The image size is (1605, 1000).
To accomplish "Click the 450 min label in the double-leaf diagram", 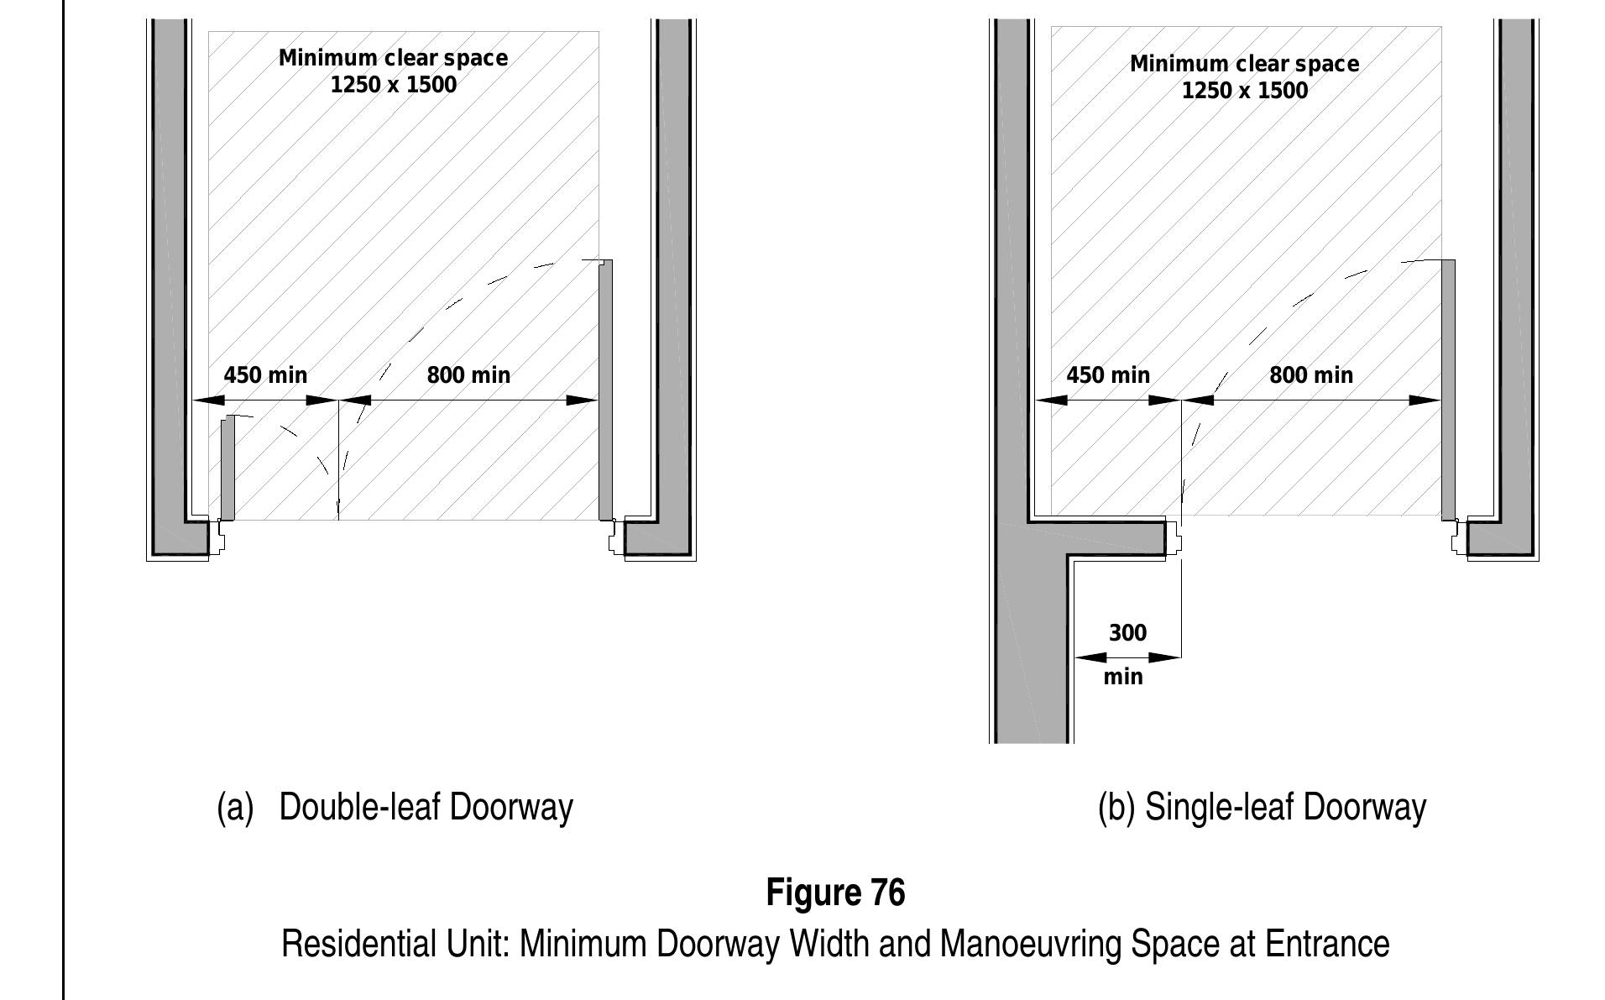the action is (x=265, y=374).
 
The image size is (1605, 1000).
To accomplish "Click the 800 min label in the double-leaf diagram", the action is (x=468, y=374).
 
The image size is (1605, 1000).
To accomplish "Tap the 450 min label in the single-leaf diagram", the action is (x=1108, y=374).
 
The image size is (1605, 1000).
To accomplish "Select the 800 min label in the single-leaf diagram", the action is (x=1311, y=374).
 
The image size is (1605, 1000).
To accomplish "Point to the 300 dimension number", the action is (x=1127, y=632).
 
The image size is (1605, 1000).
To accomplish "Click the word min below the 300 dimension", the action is (x=1123, y=676).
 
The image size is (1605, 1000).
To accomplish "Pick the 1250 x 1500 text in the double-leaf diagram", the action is (x=394, y=85).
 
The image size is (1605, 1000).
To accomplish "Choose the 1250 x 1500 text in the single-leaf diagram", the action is (x=1245, y=91).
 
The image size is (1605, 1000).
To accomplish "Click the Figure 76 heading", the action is (x=835, y=892).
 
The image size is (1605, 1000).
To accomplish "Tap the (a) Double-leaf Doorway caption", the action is (x=395, y=807).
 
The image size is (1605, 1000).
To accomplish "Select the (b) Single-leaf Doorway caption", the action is (x=1262, y=807).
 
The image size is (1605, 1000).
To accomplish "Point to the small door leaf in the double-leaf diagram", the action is (x=227, y=468).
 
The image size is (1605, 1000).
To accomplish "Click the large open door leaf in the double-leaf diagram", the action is (x=605, y=390).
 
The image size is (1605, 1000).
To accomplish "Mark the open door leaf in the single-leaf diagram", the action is (x=1448, y=390).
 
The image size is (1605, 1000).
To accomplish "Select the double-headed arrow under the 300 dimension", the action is (x=1127, y=657).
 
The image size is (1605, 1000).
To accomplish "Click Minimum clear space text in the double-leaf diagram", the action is (x=393, y=58).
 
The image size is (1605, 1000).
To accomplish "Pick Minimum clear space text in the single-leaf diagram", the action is (x=1244, y=64).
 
